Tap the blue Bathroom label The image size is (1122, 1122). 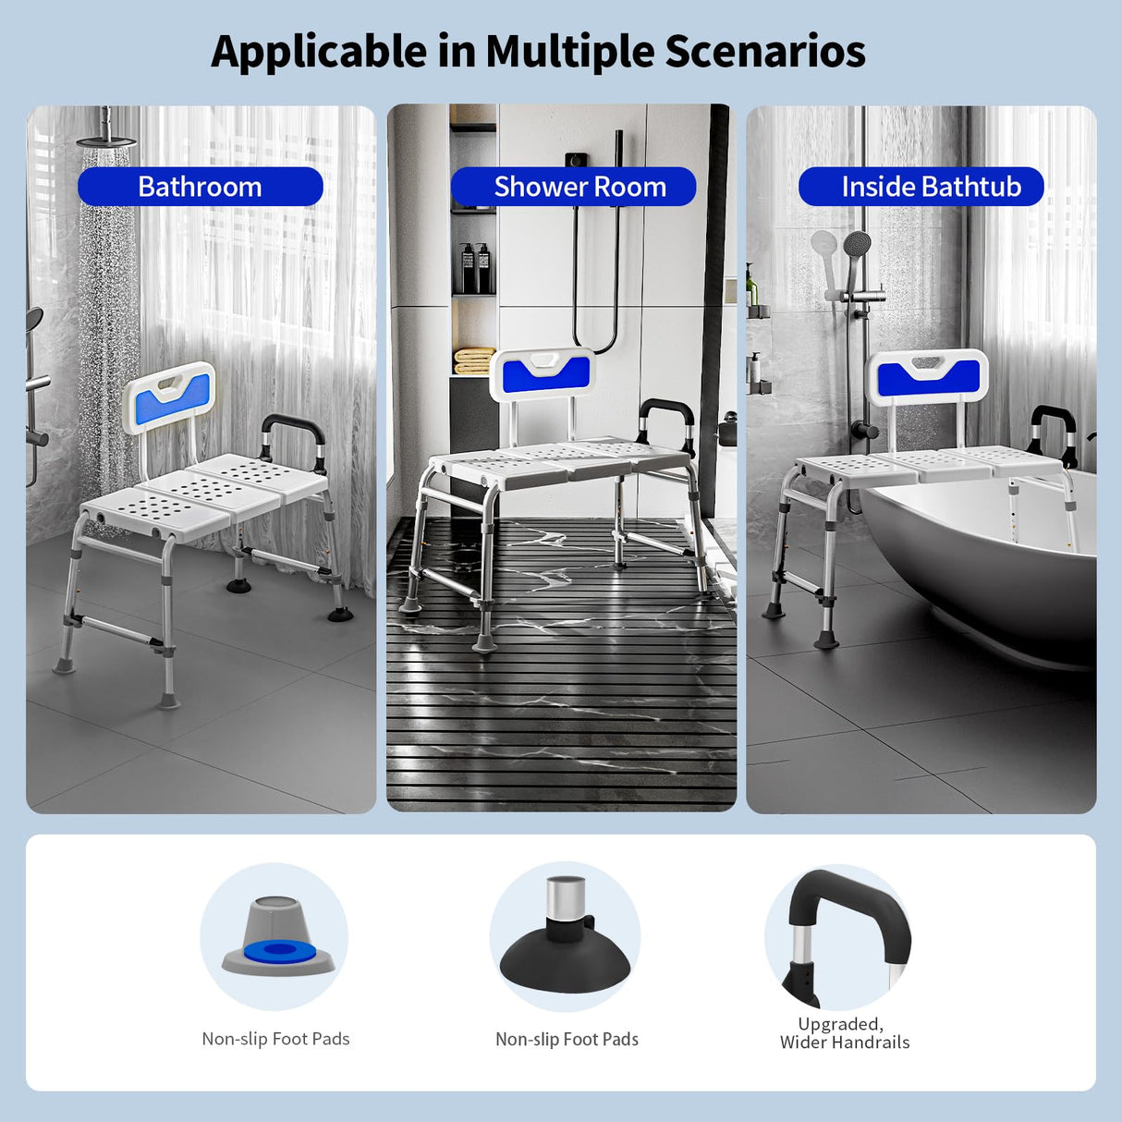click(x=200, y=187)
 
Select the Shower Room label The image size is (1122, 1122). click(x=579, y=187)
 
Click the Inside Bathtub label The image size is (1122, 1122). click(x=931, y=187)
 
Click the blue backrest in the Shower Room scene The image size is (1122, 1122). click(x=545, y=373)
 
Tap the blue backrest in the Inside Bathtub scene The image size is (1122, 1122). click(x=928, y=377)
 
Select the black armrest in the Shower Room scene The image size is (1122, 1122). click(x=667, y=411)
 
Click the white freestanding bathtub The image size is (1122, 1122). click(x=998, y=555)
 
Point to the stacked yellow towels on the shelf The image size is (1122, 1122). click(x=474, y=360)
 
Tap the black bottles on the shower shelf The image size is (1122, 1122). click(x=475, y=268)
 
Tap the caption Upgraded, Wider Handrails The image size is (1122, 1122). click(x=844, y=1033)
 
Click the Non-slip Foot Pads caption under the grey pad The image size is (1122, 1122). click(x=275, y=1039)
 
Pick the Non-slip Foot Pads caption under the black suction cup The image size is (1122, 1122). click(x=567, y=1039)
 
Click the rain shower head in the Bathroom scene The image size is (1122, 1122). click(x=106, y=140)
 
